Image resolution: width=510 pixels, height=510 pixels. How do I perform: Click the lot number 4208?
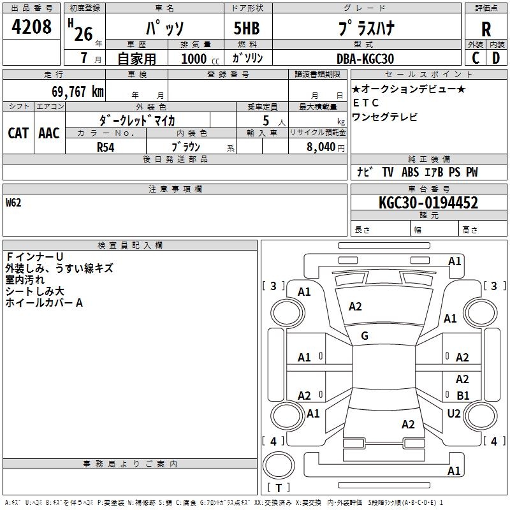(x=31, y=27)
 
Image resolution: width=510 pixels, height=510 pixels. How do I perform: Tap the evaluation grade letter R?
(x=486, y=29)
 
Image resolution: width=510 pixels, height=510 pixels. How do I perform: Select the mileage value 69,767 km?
(x=78, y=91)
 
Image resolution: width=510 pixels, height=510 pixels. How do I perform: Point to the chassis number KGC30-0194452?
(x=428, y=203)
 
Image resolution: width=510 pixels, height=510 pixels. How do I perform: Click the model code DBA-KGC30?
(x=365, y=59)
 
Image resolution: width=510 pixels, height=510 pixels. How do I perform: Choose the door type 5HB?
(x=247, y=28)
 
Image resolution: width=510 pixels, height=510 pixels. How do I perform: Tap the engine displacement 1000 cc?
(x=200, y=59)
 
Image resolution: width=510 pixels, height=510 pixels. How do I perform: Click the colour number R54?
(x=106, y=147)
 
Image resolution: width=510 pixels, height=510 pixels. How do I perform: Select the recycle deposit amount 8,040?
(x=321, y=147)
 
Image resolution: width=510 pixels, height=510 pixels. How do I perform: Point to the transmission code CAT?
(x=18, y=133)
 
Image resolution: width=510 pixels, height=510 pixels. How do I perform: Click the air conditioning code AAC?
(x=49, y=133)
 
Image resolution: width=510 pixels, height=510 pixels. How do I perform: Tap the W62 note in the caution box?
(x=13, y=203)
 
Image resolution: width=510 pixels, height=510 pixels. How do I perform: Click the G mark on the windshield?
(x=365, y=336)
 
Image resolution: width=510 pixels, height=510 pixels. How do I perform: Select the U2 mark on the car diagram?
(x=454, y=413)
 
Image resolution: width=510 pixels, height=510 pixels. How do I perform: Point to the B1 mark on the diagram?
(x=463, y=395)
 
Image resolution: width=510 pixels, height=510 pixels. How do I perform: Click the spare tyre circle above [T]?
(x=279, y=465)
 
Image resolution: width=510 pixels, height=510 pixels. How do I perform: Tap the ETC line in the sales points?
(x=366, y=103)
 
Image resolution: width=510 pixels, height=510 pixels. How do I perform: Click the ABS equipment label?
(x=410, y=172)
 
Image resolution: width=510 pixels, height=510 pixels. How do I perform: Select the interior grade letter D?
(x=496, y=58)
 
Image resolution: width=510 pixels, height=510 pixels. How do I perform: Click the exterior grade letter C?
(x=476, y=58)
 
